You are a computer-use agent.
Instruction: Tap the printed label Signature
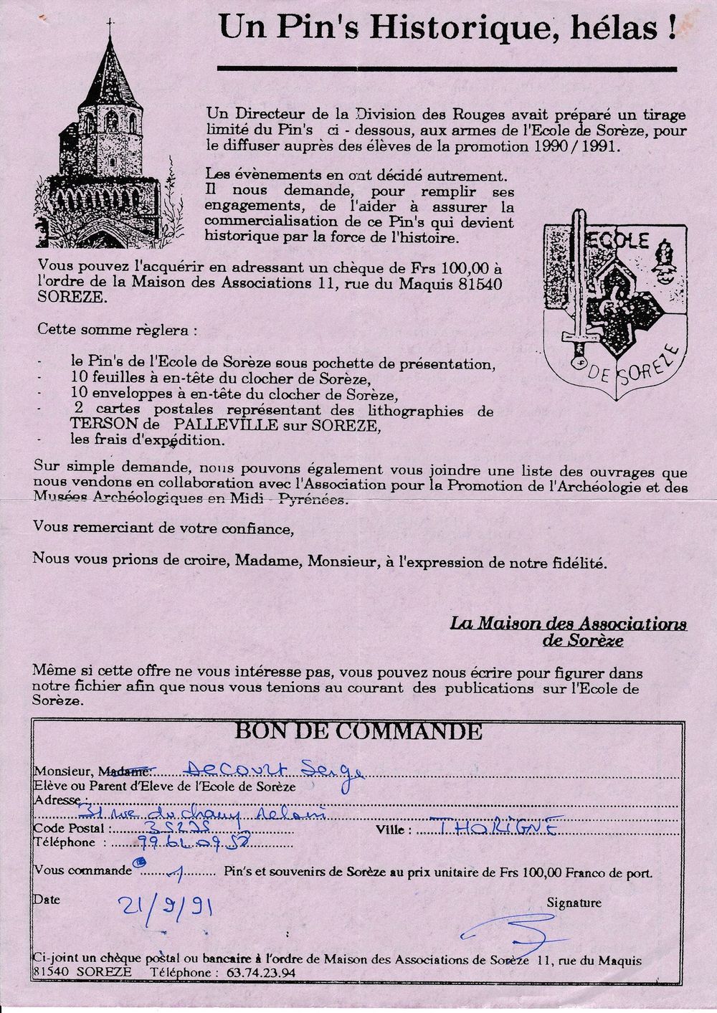[x=574, y=903]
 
